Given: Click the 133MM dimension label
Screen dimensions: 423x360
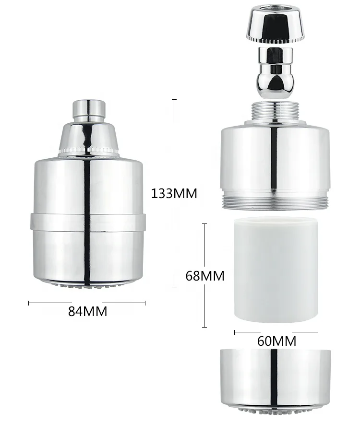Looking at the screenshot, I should click(174, 194).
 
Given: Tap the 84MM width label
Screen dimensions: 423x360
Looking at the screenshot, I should click(87, 311).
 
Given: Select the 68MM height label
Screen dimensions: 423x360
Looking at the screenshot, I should click(205, 276).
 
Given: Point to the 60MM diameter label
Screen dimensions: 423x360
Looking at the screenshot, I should click(276, 341).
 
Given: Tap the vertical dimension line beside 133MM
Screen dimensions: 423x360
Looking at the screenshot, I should click(174, 144).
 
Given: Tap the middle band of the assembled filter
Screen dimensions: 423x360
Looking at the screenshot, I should click(88, 221).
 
